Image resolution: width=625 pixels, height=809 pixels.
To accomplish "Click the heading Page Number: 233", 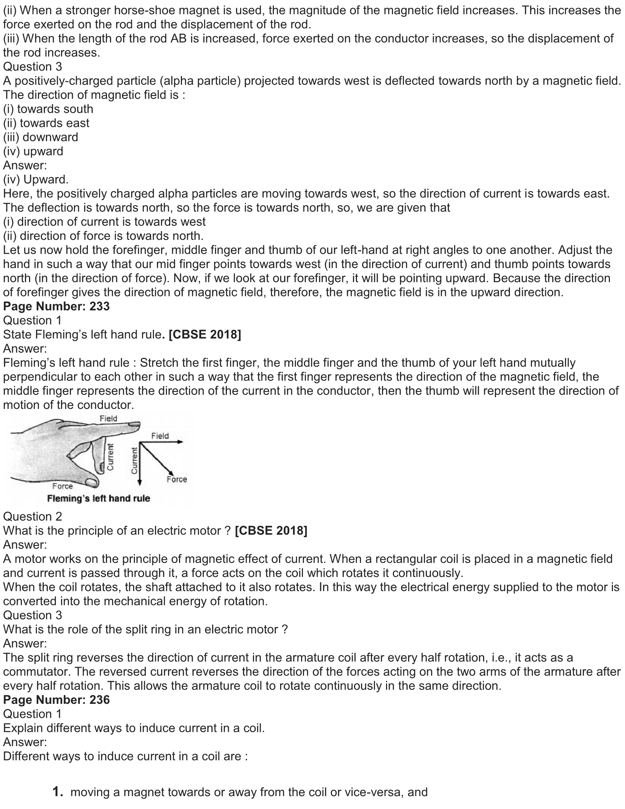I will tap(56, 306).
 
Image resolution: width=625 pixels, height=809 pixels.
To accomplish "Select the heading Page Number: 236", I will tap(56, 700).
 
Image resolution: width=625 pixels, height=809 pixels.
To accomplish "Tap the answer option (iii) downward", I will tap(41, 137).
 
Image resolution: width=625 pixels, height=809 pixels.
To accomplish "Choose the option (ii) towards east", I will tap(46, 123).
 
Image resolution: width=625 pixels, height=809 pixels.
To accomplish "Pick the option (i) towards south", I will tap(48, 109).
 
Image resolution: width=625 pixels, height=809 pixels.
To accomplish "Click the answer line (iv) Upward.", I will tap(36, 179).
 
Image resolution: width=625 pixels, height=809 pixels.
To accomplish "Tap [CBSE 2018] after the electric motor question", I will tap(271, 531).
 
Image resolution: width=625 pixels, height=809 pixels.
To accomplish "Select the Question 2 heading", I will tap(33, 517).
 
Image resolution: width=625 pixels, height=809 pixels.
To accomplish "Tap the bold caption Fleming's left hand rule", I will tap(99, 499).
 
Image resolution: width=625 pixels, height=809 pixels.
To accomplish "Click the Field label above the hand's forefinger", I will tap(108, 418).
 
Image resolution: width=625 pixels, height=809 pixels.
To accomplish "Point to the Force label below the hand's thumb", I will tap(63, 486).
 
